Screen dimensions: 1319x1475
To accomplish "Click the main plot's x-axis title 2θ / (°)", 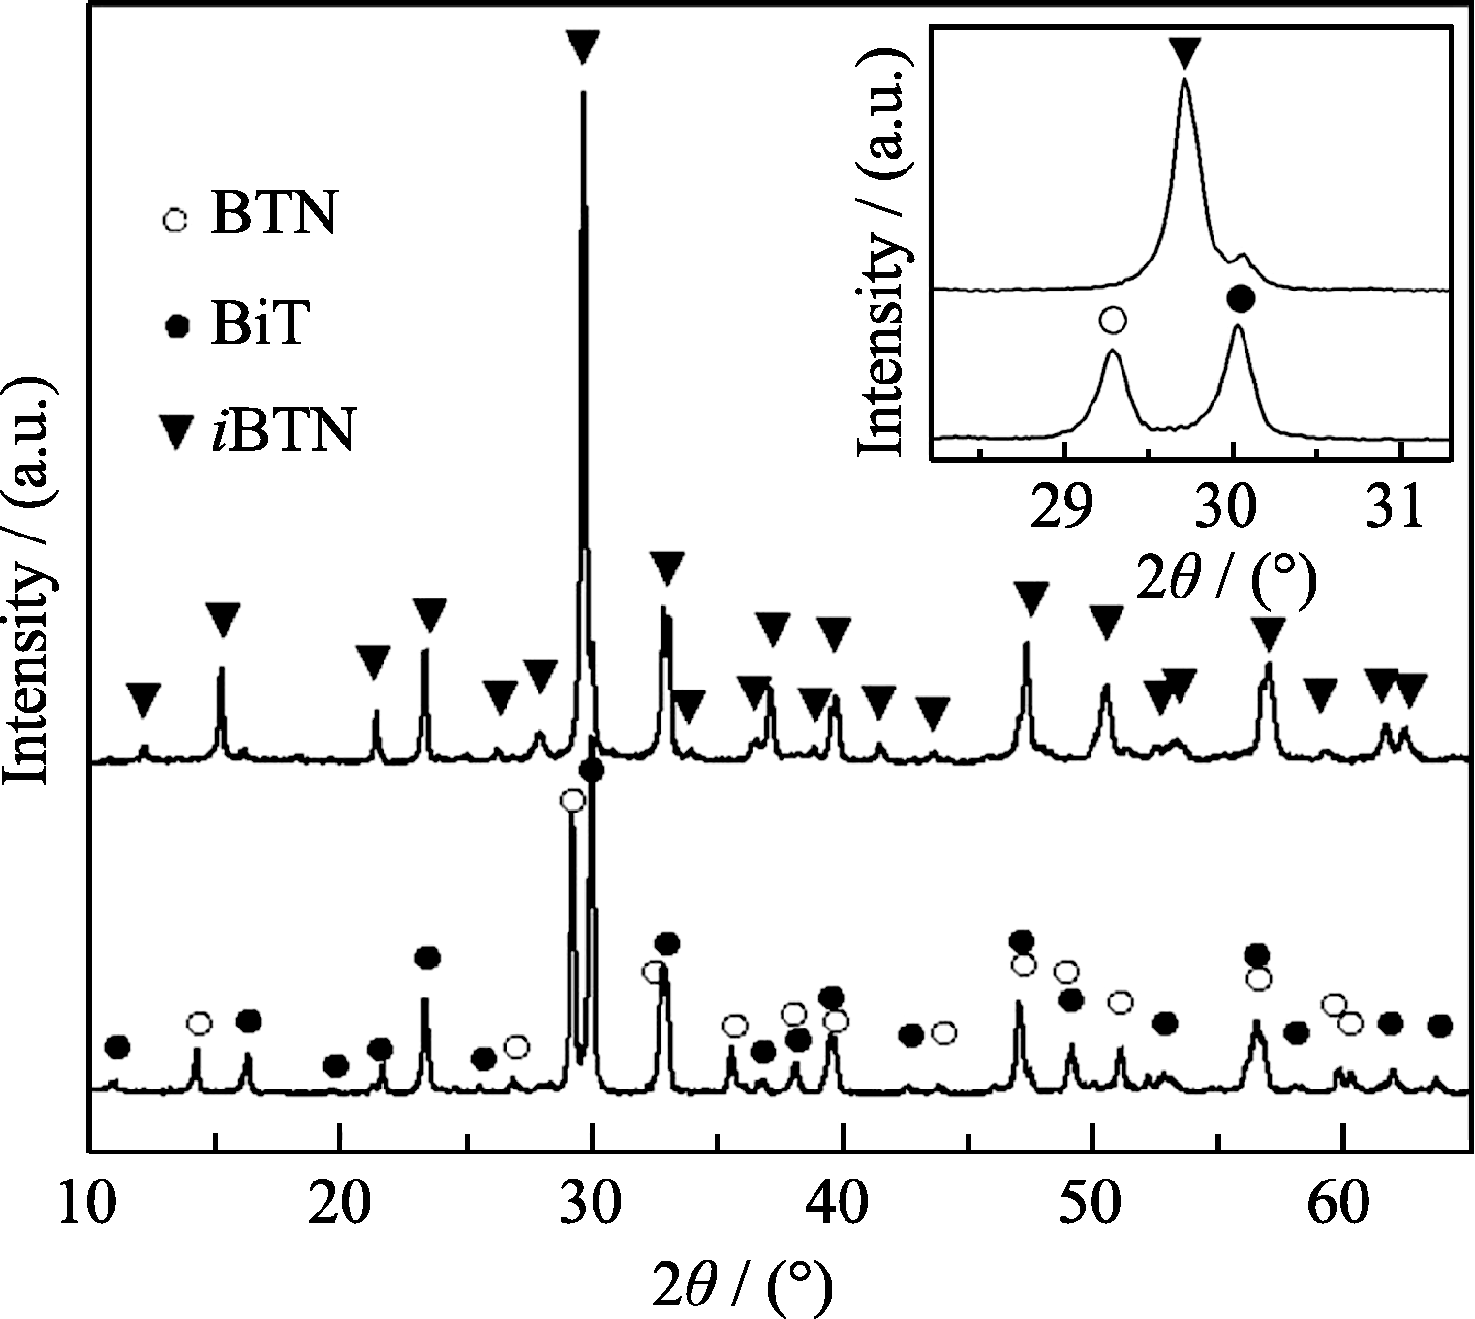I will [x=742, y=1285].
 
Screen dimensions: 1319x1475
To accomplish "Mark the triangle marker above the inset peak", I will [x=1184, y=52].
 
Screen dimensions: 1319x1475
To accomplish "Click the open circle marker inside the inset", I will [x=1114, y=319].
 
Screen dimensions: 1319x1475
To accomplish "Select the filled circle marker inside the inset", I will [x=1240, y=298].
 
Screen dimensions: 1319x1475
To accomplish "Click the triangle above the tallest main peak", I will [x=582, y=45].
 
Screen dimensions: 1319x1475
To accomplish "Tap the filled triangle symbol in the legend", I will [x=175, y=433].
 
